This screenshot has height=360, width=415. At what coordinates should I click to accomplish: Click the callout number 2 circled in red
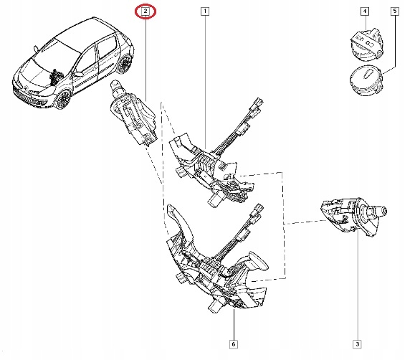click(x=146, y=11)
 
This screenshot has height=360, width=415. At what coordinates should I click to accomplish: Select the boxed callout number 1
click(x=205, y=11)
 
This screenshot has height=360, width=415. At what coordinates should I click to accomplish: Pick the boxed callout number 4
click(x=365, y=11)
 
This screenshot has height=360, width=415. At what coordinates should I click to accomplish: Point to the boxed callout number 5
click(x=394, y=11)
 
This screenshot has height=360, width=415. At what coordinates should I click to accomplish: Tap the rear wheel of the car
click(x=127, y=64)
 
